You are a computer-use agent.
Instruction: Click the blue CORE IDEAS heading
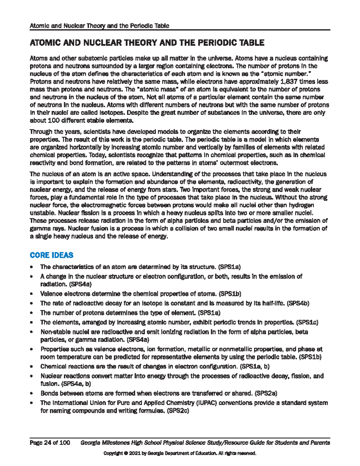click(51, 255)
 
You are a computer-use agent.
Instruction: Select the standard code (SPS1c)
click(307, 323)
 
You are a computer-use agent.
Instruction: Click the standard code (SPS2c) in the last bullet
click(178, 411)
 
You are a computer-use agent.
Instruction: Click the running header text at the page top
click(99, 26)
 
